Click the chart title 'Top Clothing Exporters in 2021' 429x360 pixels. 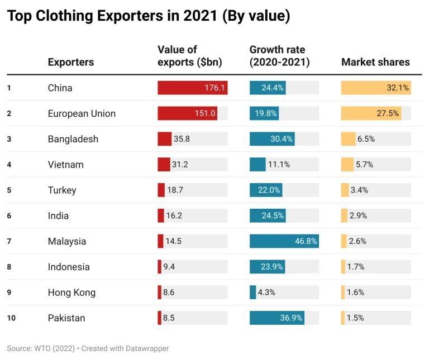pyautogui.click(x=149, y=17)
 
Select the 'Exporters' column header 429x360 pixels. pyautogui.click(x=70, y=62)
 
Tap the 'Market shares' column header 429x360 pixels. pyautogui.click(x=375, y=62)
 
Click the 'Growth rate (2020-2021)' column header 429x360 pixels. pyautogui.click(x=279, y=56)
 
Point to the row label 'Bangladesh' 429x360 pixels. pyautogui.click(x=73, y=139)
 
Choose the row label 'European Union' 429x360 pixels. pyautogui.click(x=82, y=113)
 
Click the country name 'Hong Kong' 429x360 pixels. pyautogui.click(x=71, y=292)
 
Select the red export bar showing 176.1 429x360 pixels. pyautogui.click(x=192, y=88)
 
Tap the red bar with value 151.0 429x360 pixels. pyautogui.click(x=187, y=113)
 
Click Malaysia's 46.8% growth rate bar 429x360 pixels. pyautogui.click(x=284, y=241)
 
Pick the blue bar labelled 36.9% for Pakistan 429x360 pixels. pyautogui.click(x=277, y=318)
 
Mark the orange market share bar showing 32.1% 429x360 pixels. pyautogui.click(x=375, y=88)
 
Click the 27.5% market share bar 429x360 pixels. pyautogui.click(x=371, y=113)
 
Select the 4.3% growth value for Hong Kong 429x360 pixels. pyautogui.click(x=266, y=292)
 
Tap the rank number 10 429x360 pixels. pyautogui.click(x=11, y=318)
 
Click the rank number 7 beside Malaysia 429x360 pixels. pyautogui.click(x=9, y=241)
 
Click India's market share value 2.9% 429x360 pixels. pyautogui.click(x=358, y=215)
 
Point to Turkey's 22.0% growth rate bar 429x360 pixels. pyautogui.click(x=266, y=190)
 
